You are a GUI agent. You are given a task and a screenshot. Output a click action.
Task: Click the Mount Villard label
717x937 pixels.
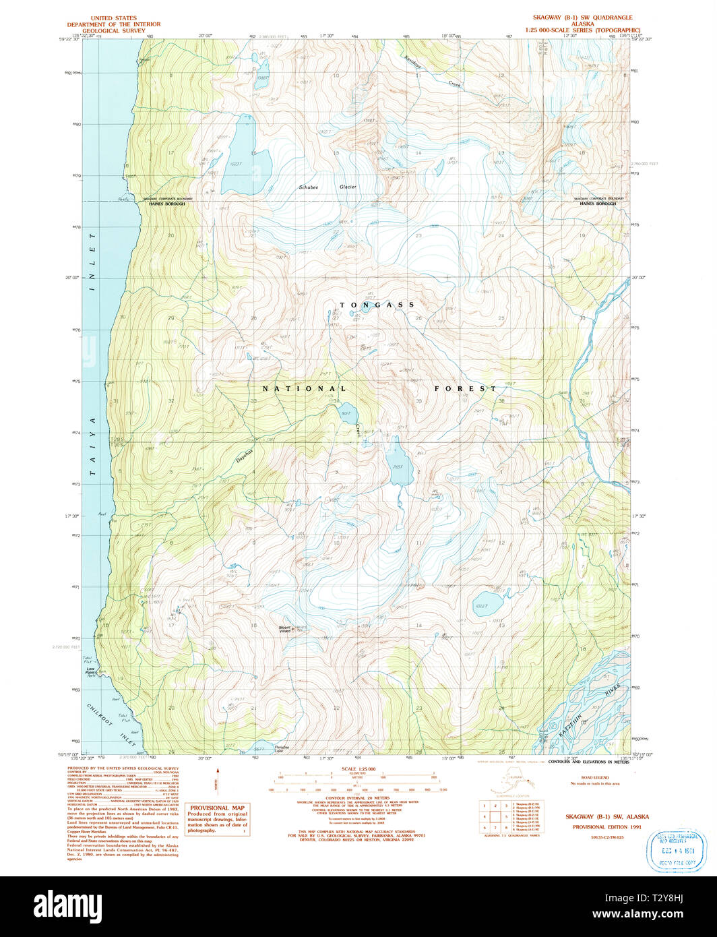(x=285, y=629)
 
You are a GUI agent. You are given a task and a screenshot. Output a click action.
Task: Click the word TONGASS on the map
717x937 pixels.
(x=377, y=305)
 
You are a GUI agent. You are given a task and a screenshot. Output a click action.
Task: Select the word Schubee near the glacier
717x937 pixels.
(x=310, y=187)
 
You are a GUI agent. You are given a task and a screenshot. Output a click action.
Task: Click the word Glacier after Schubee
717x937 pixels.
(x=348, y=187)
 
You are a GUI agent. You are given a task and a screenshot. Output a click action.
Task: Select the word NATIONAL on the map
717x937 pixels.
(x=305, y=389)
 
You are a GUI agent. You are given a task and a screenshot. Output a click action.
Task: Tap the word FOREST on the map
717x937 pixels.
(x=465, y=389)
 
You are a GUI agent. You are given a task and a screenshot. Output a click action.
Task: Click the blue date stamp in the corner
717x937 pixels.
(x=675, y=850)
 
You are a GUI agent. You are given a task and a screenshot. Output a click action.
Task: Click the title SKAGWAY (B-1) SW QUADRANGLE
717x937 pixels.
(x=580, y=18)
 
